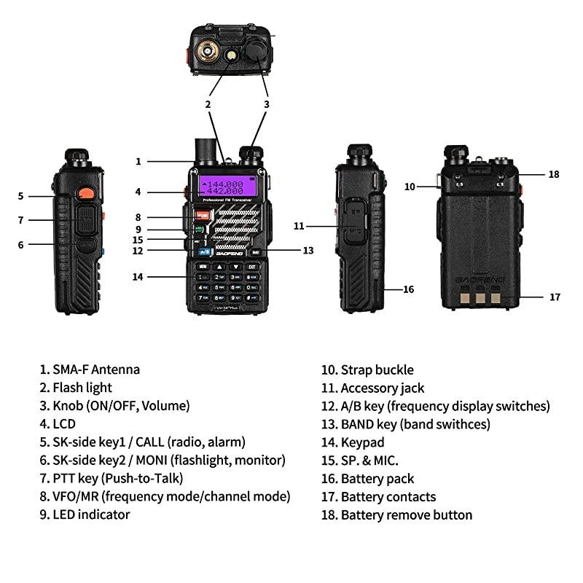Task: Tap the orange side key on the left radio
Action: (x=85, y=194)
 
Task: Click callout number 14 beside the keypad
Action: (x=138, y=276)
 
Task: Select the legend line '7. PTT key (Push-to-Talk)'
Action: (x=111, y=479)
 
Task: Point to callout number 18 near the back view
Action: (x=554, y=174)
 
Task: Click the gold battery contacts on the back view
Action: (x=479, y=297)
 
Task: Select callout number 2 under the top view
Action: (x=208, y=104)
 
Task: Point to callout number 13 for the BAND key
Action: (x=308, y=250)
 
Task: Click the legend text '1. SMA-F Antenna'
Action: (x=90, y=370)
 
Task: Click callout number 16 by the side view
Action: (x=408, y=289)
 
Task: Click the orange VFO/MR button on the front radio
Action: (x=202, y=215)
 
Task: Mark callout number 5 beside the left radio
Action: (x=21, y=195)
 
